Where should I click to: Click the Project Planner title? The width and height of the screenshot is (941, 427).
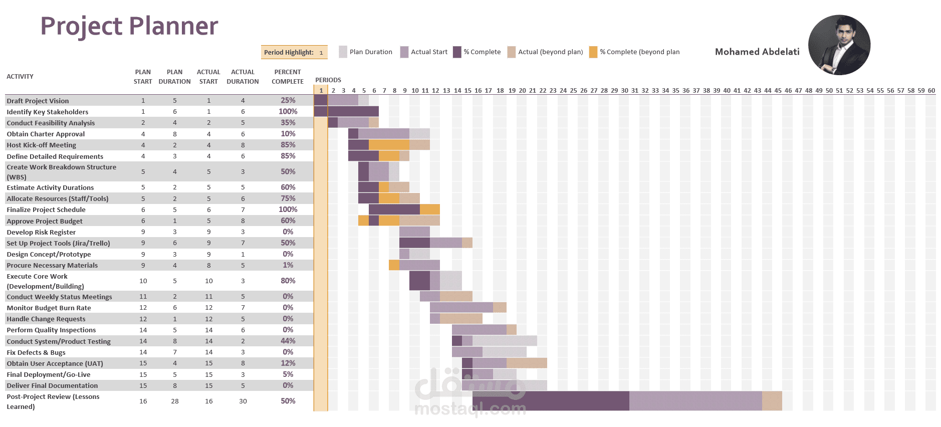[x=129, y=26]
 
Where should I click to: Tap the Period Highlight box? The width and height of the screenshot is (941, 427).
[x=294, y=52]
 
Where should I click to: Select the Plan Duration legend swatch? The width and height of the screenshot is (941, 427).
[x=343, y=52]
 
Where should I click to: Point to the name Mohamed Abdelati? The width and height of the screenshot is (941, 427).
[x=757, y=52]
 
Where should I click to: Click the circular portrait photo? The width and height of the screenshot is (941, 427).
[x=839, y=45]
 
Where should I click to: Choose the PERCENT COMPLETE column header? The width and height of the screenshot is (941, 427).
[x=288, y=77]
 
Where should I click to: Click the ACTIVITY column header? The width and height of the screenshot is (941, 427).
[x=20, y=77]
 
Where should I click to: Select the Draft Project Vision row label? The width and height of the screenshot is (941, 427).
[x=38, y=101]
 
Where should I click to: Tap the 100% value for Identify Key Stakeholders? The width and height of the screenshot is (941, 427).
[x=288, y=111]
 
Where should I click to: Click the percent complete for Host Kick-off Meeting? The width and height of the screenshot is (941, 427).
[x=288, y=145]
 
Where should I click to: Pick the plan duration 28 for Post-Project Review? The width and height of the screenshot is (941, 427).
[x=175, y=401]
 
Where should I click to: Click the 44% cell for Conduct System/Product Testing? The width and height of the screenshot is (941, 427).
[x=288, y=341]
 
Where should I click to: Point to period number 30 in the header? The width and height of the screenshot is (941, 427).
[x=624, y=91]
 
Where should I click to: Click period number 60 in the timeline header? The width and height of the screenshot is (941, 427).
[x=931, y=91]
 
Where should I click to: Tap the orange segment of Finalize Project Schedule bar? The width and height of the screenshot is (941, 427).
[x=429, y=209]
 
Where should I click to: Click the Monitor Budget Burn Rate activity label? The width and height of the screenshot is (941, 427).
[x=49, y=308]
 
